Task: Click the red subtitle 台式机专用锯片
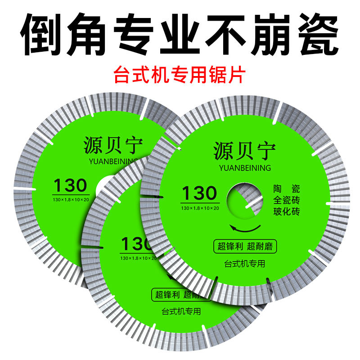(180, 74)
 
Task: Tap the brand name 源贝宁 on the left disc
(113, 145)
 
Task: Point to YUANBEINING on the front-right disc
(244, 168)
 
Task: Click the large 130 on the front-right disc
(200, 193)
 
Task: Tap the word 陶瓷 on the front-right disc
(287, 189)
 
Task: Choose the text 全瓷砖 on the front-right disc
(287, 200)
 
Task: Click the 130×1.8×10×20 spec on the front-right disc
(200, 208)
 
